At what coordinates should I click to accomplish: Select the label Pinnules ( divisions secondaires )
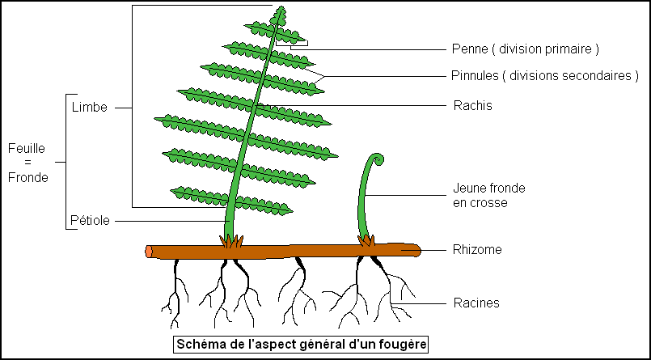point(544,76)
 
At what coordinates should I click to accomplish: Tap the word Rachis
point(472,105)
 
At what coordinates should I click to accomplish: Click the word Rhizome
point(477,250)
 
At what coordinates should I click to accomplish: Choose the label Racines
point(476,303)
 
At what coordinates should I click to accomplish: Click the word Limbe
point(89,107)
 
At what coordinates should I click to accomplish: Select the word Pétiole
point(91,219)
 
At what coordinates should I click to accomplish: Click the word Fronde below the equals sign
point(27,177)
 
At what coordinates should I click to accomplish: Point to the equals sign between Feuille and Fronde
point(27,163)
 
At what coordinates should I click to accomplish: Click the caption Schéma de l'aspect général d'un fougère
point(301,344)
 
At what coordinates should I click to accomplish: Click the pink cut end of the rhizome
point(149,252)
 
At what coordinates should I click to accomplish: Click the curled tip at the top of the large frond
point(281,13)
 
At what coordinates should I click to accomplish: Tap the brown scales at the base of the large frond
point(231,241)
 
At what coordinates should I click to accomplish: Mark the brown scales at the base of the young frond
point(368,240)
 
